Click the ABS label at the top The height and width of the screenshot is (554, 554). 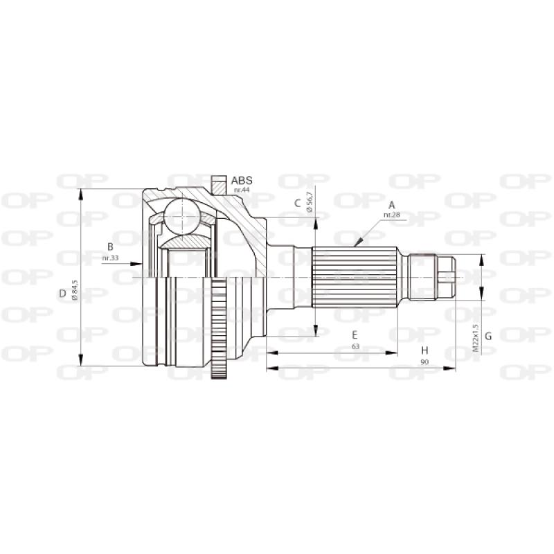(x=242, y=180)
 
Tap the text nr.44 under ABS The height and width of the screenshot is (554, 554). (x=241, y=190)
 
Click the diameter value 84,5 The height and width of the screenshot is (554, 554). (x=74, y=291)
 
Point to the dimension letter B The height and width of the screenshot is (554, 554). (x=110, y=247)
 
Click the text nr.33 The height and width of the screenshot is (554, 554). (x=110, y=258)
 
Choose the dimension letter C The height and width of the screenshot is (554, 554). (x=297, y=203)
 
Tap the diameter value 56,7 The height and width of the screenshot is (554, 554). (x=310, y=200)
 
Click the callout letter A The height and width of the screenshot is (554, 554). (x=391, y=205)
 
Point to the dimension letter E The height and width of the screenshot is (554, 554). (x=355, y=334)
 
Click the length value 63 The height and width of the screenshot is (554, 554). (x=355, y=346)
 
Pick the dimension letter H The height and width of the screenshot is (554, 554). (x=424, y=350)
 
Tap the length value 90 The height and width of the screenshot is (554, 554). (x=424, y=362)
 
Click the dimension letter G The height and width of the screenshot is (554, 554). (x=488, y=337)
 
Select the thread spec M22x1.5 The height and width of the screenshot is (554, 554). (x=475, y=337)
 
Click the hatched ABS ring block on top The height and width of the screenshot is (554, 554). (x=220, y=185)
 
